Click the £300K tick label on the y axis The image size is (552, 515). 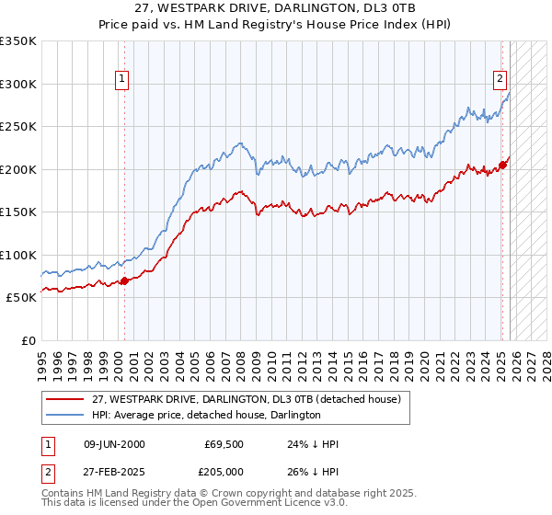pyautogui.click(x=18, y=84)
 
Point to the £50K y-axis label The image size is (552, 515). pyautogui.click(x=21, y=298)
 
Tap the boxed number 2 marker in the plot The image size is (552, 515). pyautogui.click(x=500, y=80)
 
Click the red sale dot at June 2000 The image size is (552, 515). pyautogui.click(x=124, y=281)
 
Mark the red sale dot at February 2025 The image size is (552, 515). pyautogui.click(x=502, y=166)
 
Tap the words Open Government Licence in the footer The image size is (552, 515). pyautogui.click(x=247, y=505)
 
